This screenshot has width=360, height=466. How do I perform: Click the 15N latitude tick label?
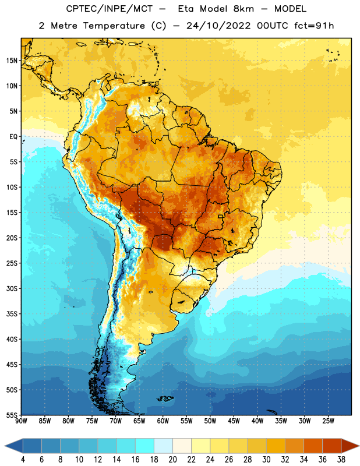pyautogui.click(x=12, y=61)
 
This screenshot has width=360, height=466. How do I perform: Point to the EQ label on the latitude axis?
pyautogui.click(x=13, y=137)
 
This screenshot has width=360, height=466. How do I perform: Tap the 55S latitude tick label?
pyautogui.click(x=12, y=415)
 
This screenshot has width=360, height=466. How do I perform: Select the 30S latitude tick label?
pyautogui.click(x=12, y=288)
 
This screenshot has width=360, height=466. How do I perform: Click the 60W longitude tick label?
pyautogui.click(x=163, y=421)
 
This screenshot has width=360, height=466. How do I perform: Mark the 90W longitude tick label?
pyautogui.click(x=21, y=421)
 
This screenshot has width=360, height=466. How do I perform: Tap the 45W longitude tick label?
pyautogui.click(x=234, y=421)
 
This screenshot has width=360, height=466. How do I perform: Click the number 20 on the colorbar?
pyautogui.click(x=172, y=460)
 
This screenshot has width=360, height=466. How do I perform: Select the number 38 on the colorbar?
pyautogui.click(x=341, y=460)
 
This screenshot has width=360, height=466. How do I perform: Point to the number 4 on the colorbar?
pyautogui.click(x=23, y=460)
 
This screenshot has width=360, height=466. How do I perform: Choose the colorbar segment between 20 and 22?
pyautogui.click(x=182, y=446)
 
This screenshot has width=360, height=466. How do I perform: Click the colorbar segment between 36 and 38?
pyautogui.click(x=332, y=446)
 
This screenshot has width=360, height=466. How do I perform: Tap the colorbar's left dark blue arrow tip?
pyautogui.click(x=5, y=446)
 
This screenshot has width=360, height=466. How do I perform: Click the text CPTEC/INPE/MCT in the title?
pyautogui.click(x=109, y=9)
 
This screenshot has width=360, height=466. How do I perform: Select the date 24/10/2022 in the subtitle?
pyautogui.click(x=218, y=26)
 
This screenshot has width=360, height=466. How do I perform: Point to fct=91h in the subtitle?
pyautogui.click(x=314, y=26)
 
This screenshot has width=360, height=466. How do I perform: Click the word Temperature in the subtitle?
pyautogui.click(x=114, y=26)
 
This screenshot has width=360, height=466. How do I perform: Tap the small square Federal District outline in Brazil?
pyautogui.click(x=221, y=216)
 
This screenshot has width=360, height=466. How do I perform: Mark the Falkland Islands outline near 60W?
pyautogui.click(x=165, y=398)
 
